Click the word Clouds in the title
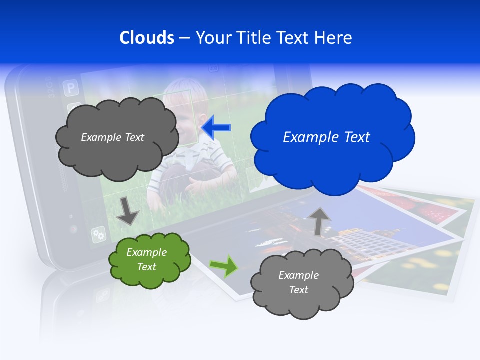(x=146, y=38)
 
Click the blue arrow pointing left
(x=216, y=127)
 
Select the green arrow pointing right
(x=224, y=266)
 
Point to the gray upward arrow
(x=320, y=221)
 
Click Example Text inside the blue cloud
(x=326, y=137)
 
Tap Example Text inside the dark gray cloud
(x=112, y=137)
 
